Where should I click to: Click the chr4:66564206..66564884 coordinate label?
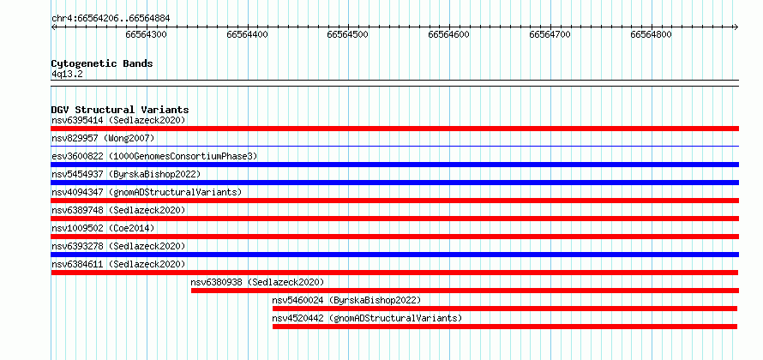click(111, 19)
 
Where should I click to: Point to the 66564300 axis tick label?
click(146, 34)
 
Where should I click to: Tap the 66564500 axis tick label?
click(347, 34)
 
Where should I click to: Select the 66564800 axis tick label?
click(651, 34)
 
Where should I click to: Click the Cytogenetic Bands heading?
click(102, 63)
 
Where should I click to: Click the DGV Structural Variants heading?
click(120, 110)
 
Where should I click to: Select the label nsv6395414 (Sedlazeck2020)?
click(118, 120)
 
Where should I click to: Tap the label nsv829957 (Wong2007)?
click(103, 138)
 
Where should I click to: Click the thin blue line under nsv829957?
click(395, 146)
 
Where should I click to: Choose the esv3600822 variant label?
click(154, 156)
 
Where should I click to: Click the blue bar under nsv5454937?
click(395, 183)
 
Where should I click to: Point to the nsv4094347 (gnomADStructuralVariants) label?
click(147, 192)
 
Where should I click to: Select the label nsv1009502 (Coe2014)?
click(103, 228)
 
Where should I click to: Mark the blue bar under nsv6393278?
click(395, 255)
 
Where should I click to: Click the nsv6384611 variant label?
click(118, 264)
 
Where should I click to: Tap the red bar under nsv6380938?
click(466, 291)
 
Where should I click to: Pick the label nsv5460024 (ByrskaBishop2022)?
click(346, 300)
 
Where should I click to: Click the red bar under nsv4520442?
click(505, 327)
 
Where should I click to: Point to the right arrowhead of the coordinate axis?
click(736, 27)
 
